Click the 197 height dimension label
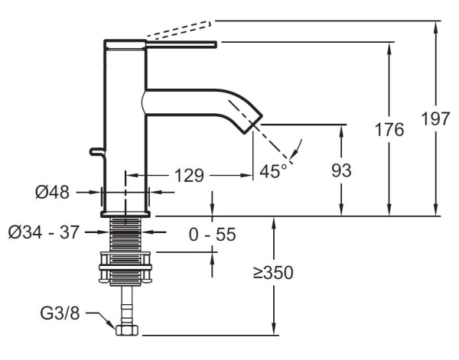(435, 119)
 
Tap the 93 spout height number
(341, 170)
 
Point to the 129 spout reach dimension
(188, 176)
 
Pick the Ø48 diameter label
(52, 193)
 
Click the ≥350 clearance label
(275, 271)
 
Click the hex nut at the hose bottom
(125, 330)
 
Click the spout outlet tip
(256, 125)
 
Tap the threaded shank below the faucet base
(125, 232)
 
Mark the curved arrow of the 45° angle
(297, 148)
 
